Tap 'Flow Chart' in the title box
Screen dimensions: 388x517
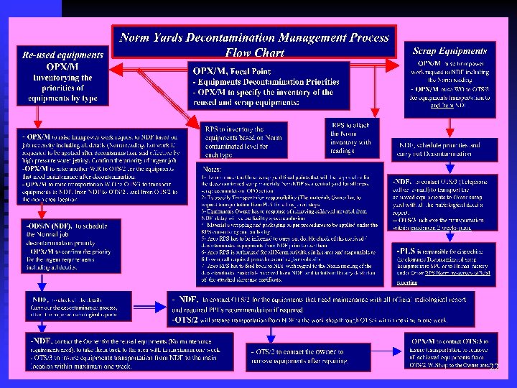[x=254, y=52]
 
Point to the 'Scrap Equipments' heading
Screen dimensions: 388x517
[x=450, y=51]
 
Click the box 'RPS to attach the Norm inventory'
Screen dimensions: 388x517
[x=351, y=137]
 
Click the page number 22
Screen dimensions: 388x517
[x=494, y=366]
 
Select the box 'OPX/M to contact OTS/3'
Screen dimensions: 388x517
[x=450, y=351]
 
